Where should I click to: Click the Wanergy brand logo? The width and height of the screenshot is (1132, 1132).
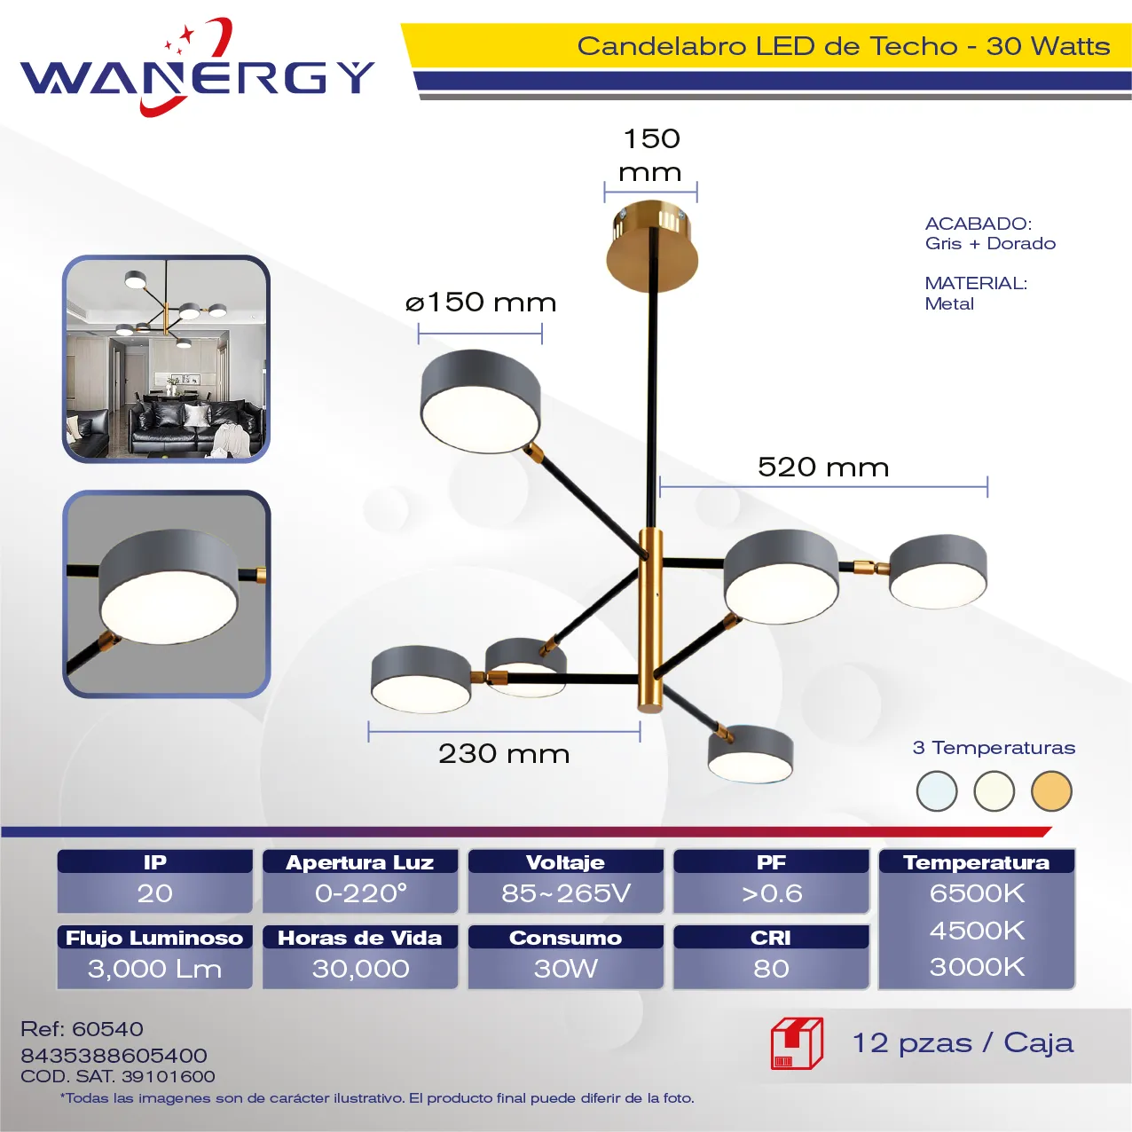197,67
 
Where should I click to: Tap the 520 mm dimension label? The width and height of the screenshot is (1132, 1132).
823,468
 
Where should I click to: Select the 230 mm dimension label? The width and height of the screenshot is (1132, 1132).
504,754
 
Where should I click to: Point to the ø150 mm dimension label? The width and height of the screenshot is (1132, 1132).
481,303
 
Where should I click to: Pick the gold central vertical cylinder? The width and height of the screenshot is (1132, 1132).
651,620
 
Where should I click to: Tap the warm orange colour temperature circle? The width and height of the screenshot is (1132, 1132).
1051,791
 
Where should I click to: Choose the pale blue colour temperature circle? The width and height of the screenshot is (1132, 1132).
937,791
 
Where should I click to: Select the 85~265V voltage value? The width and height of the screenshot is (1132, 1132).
566,893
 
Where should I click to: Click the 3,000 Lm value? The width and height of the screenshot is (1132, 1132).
155,969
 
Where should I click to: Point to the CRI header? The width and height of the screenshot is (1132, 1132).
771,938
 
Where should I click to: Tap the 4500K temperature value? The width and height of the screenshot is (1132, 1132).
977,931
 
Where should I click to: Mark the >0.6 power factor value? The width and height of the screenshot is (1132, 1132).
771,893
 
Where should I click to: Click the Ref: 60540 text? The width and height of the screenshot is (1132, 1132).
82,1028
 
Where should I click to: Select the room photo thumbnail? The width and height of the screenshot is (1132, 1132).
166,358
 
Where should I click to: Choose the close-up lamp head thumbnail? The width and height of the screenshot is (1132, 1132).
167,594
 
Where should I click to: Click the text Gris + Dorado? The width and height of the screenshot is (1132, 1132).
990,243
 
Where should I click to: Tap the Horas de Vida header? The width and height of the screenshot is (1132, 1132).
360,938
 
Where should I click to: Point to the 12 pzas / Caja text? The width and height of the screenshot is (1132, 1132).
963,1043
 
